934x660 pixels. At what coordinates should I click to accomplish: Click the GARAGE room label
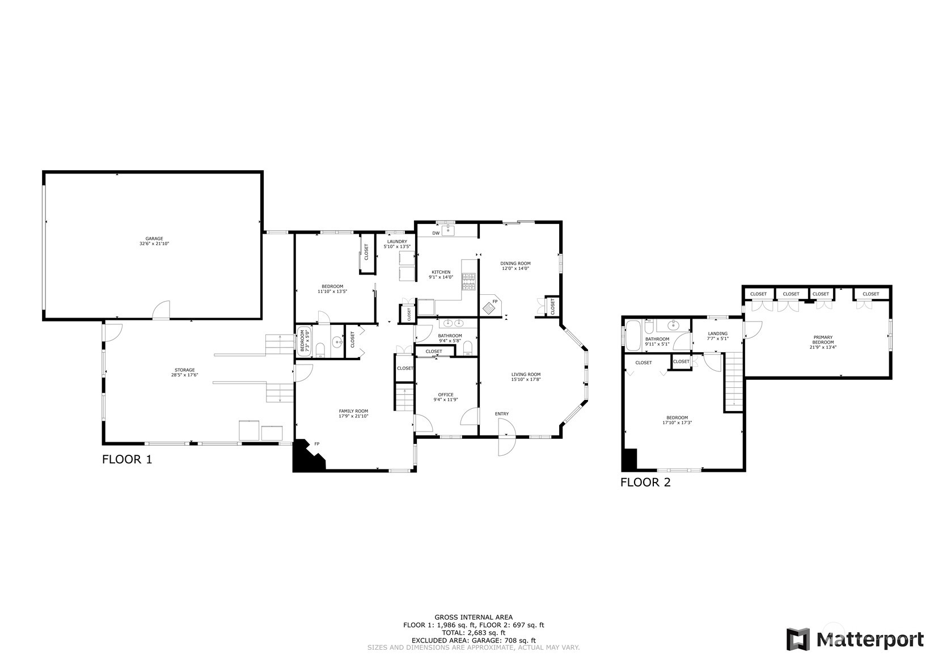154,239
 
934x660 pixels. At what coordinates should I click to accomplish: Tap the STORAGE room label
185,370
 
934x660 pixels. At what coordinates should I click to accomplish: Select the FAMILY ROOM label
354,411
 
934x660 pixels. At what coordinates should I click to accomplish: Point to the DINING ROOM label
515,264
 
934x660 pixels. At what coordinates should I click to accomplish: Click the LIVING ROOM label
526,374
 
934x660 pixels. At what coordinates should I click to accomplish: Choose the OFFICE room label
446,395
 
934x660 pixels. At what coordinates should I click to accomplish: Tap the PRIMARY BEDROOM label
823,340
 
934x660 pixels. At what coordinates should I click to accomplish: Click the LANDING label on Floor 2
717,333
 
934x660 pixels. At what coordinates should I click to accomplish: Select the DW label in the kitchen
436,233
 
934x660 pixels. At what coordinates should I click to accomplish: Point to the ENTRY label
502,414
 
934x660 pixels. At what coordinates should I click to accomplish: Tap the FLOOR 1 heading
127,459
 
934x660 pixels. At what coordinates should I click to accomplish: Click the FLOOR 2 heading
645,483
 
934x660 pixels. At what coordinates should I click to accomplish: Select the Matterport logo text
870,640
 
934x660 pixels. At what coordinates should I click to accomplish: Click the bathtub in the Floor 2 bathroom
633,336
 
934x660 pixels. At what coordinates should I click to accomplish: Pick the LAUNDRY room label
397,242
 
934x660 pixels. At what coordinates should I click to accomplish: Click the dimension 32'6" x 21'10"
154,244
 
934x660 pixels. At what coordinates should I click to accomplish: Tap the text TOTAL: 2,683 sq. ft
474,633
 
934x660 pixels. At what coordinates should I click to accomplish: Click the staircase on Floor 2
734,380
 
